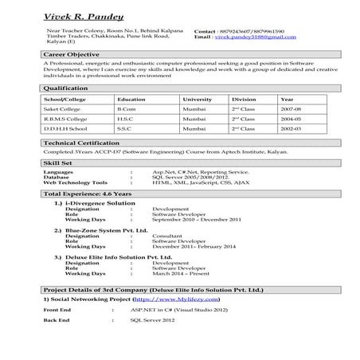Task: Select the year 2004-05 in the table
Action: (291, 117)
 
